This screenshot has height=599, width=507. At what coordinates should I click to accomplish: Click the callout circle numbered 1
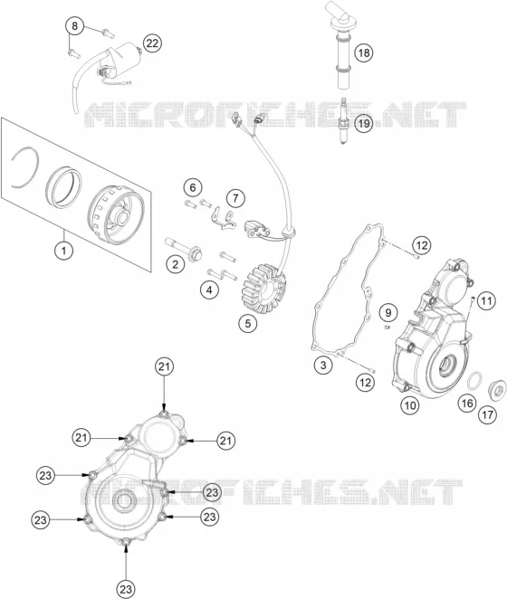64,251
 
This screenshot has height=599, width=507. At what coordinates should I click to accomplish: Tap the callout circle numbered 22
152,43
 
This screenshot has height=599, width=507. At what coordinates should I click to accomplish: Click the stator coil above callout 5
264,289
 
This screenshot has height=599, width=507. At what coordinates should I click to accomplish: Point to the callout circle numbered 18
364,52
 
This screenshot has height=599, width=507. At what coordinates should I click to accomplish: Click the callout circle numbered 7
235,198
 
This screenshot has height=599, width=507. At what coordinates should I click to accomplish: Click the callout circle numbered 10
409,405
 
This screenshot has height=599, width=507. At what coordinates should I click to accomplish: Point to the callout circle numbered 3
323,365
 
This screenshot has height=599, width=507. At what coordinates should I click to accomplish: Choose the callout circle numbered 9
388,313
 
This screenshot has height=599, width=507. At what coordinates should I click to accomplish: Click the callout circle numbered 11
486,301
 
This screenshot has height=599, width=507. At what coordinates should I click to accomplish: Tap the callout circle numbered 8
74,25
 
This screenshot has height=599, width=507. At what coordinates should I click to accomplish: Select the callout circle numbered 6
192,187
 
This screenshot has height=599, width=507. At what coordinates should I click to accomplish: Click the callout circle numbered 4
209,290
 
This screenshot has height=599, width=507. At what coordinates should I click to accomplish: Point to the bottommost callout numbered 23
126,589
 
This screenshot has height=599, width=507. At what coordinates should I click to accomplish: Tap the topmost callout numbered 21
164,366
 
